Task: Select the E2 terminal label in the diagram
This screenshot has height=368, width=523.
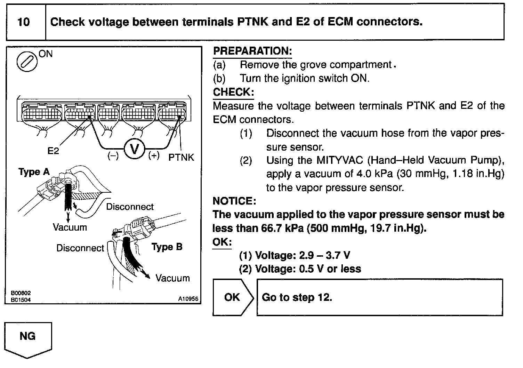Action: coord(53,151)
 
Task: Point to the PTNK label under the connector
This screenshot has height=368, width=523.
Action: coord(181,157)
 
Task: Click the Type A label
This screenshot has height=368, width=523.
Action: coord(34,172)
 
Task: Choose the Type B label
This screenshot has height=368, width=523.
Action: coord(167,247)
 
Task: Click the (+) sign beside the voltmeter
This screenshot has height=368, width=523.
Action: coord(154,155)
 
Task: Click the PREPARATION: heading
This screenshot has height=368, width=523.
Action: coord(252,51)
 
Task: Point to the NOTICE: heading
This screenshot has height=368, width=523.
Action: coord(234,201)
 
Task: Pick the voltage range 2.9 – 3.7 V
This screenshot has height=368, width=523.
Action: coord(324,256)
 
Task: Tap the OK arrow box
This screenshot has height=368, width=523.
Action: coord(232,297)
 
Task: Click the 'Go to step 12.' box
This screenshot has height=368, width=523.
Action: coord(379,297)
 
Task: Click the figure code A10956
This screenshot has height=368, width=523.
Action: coord(188,299)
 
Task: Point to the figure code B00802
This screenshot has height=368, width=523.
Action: coord(21,293)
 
